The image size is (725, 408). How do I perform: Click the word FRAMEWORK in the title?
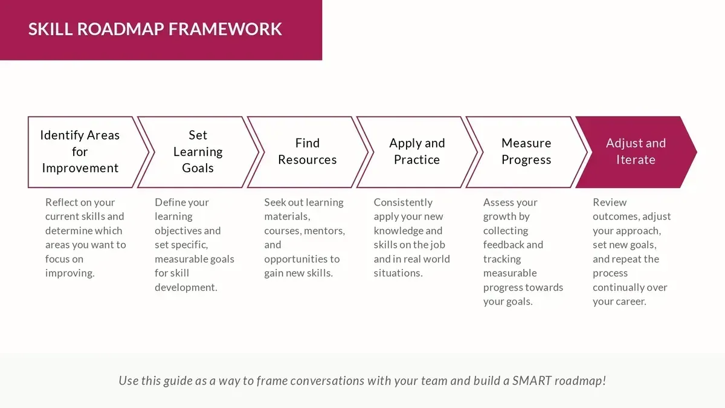coord(225,29)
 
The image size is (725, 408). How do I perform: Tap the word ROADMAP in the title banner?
coord(121,29)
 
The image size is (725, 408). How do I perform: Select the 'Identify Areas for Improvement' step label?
coord(80,152)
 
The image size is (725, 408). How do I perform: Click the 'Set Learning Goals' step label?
coord(198,152)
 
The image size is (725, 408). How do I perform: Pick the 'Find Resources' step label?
coord(307,152)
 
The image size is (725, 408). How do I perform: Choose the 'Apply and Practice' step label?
coord(417,152)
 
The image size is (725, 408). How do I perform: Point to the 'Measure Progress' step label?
coord(526,152)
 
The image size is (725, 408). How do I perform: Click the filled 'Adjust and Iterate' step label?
coord(636,152)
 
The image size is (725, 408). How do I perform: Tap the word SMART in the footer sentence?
coord(532,381)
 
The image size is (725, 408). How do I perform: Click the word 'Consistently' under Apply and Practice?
coord(403,202)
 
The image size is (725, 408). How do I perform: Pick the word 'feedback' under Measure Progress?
coord(503,245)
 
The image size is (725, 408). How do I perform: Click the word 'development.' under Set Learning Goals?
coord(186,287)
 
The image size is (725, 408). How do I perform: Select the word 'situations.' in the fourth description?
coord(398,273)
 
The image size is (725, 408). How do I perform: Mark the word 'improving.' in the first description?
coord(70,273)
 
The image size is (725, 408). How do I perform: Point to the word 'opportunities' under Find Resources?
coord(296,259)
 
